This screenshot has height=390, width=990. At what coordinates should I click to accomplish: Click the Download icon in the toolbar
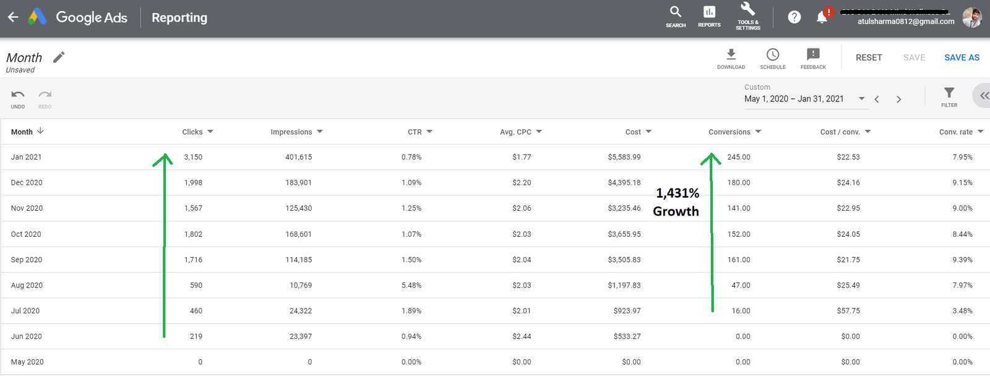tap(731, 55)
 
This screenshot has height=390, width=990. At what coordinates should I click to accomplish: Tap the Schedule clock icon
tap(773, 55)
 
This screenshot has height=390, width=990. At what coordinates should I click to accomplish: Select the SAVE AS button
tap(962, 57)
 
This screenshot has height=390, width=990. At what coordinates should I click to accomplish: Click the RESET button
tap(869, 57)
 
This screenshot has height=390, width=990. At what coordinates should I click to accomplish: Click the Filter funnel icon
tap(949, 93)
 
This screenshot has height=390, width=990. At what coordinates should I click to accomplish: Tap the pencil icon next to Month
tap(59, 57)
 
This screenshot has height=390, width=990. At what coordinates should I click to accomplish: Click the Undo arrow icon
tap(18, 95)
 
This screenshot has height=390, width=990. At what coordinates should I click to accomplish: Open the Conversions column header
tap(730, 132)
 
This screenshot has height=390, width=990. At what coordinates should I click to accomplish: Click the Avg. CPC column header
tap(515, 132)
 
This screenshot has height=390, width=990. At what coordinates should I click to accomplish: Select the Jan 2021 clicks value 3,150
tap(193, 158)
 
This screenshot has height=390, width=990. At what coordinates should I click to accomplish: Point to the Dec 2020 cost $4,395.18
tap(624, 183)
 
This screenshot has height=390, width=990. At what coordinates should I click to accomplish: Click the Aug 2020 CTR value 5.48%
tap(411, 286)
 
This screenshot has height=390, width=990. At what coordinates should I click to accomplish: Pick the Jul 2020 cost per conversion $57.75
tap(848, 311)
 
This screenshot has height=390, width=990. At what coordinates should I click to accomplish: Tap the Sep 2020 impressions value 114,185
tap(298, 260)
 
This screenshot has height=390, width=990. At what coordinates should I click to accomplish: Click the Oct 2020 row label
tap(26, 234)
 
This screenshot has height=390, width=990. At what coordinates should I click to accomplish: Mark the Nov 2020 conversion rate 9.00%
tap(962, 209)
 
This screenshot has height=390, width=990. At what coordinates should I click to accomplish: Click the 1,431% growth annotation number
tap(678, 193)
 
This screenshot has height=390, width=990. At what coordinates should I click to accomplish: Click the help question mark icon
tap(794, 17)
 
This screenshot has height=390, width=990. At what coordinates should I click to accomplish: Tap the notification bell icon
tap(822, 17)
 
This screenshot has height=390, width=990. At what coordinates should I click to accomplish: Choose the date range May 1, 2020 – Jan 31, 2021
tap(794, 99)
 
